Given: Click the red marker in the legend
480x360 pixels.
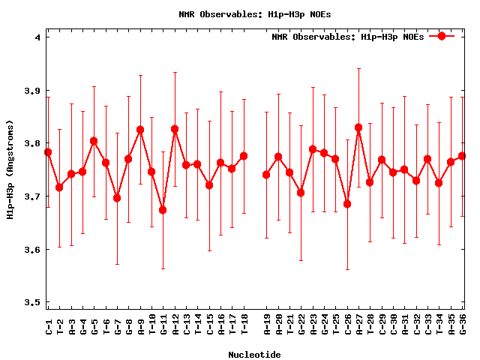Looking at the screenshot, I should pos(442,36).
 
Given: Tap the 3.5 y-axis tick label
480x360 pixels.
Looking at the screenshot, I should pos(34,302).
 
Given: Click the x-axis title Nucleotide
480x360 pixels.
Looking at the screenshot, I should pos(254,355).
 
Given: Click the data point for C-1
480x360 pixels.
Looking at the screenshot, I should pos(48,152).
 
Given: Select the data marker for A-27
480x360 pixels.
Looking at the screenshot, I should pos(358,127).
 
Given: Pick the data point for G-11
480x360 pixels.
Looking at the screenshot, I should pos(163,210).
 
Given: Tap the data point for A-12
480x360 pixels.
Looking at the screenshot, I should pos(175,129).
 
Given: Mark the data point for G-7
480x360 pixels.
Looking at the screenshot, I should pos(117,198).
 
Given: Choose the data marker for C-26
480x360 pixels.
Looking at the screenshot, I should pos(347,204).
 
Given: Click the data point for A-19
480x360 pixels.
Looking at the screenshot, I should pos(266,175).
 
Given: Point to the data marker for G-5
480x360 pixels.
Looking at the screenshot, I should pos(94,141).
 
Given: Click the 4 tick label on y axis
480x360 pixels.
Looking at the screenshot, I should pos(37,37).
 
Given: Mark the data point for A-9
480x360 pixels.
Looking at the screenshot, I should pos(140,130).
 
